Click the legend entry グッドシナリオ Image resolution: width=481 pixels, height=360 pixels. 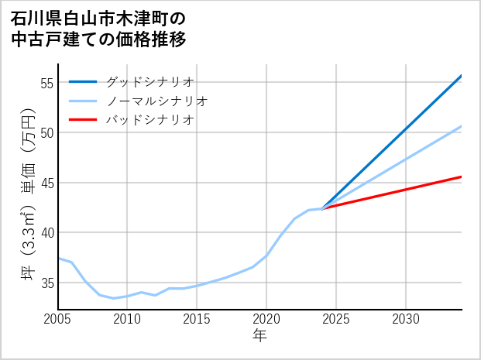pyautogui.click(x=149, y=81)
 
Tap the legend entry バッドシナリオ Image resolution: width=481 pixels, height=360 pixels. pyautogui.click(x=149, y=120)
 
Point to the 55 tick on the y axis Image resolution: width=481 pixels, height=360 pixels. pyautogui.click(x=46, y=83)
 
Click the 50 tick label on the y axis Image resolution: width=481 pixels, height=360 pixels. pyautogui.click(x=46, y=132)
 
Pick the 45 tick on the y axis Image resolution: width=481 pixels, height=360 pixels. pyautogui.click(x=46, y=183)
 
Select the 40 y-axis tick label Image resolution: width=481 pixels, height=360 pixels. pyautogui.click(x=46, y=233)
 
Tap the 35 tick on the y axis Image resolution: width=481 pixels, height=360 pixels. pyautogui.click(x=46, y=283)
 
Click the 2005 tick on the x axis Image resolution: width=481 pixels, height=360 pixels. pyautogui.click(x=58, y=319)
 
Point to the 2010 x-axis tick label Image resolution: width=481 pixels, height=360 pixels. pyautogui.click(x=127, y=319)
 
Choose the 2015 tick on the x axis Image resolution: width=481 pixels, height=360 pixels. pyautogui.click(x=197, y=319)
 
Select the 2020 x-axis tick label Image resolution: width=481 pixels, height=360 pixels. pyautogui.click(x=266, y=319)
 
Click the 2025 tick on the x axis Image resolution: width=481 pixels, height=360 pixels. pyautogui.click(x=336, y=319)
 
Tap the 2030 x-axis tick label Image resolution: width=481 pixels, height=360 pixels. pyautogui.click(x=406, y=319)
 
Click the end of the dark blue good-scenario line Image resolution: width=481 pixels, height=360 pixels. pyautogui.click(x=461, y=76)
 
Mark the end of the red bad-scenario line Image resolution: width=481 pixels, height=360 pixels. pyautogui.click(x=461, y=177)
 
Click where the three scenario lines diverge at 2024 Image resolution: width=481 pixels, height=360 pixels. pyautogui.click(x=322, y=208)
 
